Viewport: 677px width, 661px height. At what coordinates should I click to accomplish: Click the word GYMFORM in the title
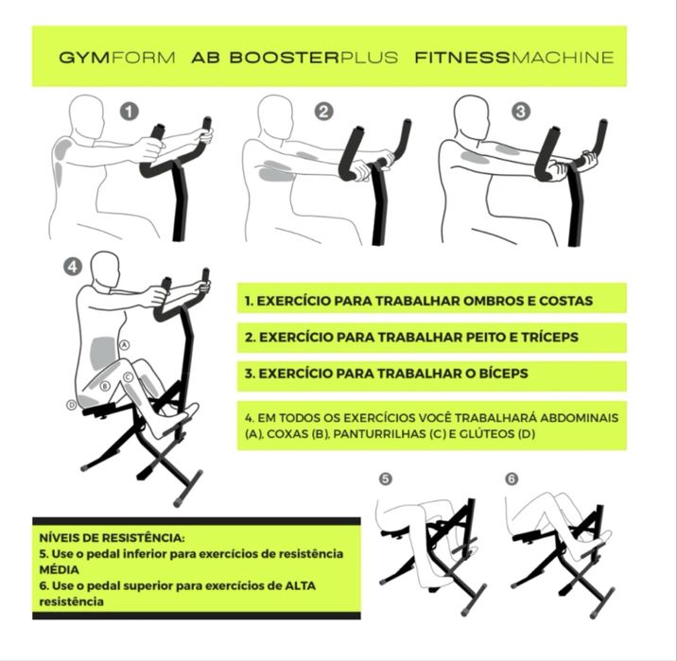click(116, 57)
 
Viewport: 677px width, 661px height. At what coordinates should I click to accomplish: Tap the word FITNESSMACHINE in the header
click(513, 57)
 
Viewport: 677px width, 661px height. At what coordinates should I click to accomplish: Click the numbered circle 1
click(130, 111)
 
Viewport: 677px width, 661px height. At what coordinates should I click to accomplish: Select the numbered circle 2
click(324, 111)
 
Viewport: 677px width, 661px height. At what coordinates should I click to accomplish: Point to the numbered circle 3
click(521, 111)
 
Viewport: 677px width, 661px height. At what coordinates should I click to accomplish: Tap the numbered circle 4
click(72, 268)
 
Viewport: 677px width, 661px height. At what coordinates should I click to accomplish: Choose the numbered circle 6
click(512, 479)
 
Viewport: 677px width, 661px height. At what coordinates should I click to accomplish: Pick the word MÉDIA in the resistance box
click(59, 570)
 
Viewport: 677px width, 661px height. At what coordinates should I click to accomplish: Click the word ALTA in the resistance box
click(298, 585)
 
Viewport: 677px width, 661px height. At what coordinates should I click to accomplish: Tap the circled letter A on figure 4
click(124, 346)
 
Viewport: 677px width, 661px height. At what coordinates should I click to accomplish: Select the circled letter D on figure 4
click(71, 405)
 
